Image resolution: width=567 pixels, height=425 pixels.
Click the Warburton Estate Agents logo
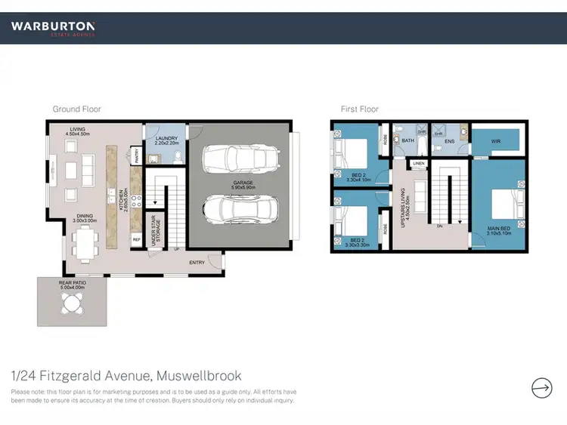[52, 28]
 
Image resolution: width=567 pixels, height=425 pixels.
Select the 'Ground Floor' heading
[76, 109]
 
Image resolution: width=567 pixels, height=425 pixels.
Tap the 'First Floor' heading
[359, 109]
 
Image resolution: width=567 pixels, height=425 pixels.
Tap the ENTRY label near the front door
[197, 262]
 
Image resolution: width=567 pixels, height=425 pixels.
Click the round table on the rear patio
[73, 304]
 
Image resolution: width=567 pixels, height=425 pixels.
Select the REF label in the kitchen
[137, 239]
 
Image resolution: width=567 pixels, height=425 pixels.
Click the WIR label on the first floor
[496, 140]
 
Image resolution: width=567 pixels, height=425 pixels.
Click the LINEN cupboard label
[418, 163]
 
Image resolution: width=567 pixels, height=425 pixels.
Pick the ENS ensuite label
[449, 141]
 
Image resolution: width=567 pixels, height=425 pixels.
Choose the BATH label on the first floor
[407, 141]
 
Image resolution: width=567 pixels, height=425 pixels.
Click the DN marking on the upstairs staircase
[439, 226]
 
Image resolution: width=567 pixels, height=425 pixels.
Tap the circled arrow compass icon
[541, 388]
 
